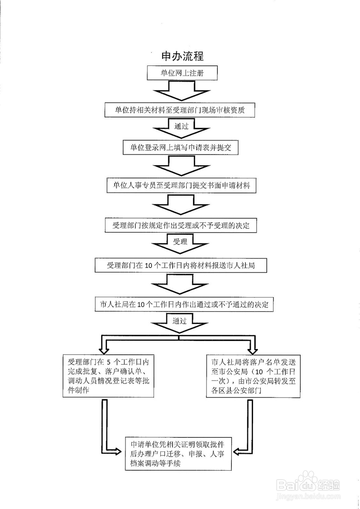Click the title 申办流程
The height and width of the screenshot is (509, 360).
pyautogui.click(x=182, y=56)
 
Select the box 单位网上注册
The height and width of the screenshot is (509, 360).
pyautogui.click(x=182, y=73)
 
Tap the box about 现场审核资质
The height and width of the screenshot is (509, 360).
pyautogui.click(x=180, y=110)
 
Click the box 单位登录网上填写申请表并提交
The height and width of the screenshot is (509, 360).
pyautogui.click(x=180, y=147)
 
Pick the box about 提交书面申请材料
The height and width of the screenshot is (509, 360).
pyautogui.click(x=181, y=186)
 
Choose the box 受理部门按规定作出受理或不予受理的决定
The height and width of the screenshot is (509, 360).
pyautogui.click(x=181, y=226)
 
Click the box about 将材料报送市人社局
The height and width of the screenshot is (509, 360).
pyautogui.click(x=181, y=265)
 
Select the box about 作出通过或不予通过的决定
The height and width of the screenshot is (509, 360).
pyautogui.click(x=184, y=304)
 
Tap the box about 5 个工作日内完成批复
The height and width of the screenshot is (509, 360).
pyautogui.click(x=108, y=376)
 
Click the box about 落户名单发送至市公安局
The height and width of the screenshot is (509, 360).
pyautogui.click(x=253, y=376)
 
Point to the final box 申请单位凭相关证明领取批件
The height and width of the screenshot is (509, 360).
pyautogui.click(x=178, y=454)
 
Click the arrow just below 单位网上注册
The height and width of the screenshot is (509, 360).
pyautogui.click(x=181, y=91)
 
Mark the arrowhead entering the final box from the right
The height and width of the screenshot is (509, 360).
pyautogui.click(x=239, y=451)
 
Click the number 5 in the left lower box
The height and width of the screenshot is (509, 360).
pyautogui.click(x=108, y=362)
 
